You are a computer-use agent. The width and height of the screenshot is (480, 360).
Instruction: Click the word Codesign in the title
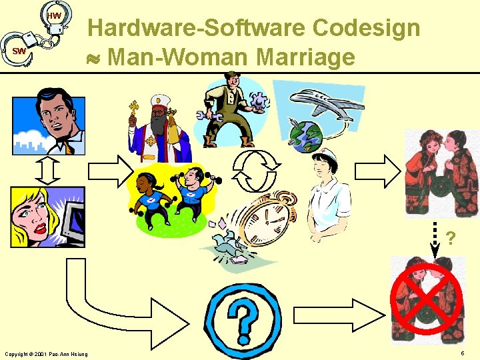point(366,28)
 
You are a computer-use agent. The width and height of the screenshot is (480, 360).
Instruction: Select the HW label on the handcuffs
point(55,15)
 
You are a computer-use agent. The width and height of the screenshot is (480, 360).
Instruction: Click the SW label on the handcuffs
point(19,51)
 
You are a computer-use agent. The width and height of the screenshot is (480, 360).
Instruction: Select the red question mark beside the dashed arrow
point(451,238)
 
